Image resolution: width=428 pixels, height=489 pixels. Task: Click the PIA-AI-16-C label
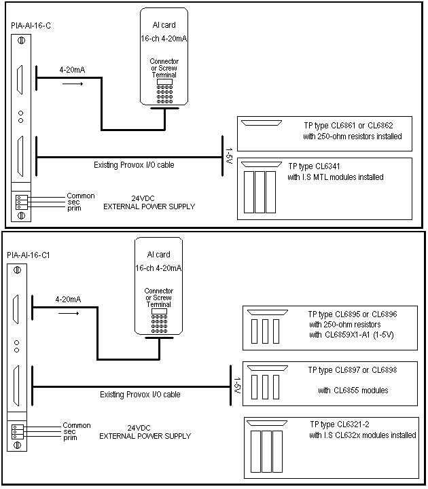pyautogui.click(x=31, y=26)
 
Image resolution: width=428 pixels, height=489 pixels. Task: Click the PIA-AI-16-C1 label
pyautogui.click(x=29, y=255)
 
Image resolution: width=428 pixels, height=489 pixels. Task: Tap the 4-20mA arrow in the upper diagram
pyautogui.click(x=73, y=84)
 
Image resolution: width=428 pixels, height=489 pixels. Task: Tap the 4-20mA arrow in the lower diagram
pyautogui.click(x=69, y=313)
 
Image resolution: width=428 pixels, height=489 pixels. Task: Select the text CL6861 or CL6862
pyautogui.click(x=362, y=126)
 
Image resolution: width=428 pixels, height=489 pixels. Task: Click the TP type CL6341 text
pyautogui.click(x=314, y=166)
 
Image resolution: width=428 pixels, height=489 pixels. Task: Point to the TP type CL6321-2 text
pyautogui.click(x=340, y=424)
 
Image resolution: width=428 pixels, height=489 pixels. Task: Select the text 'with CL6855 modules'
pyautogui.click(x=353, y=391)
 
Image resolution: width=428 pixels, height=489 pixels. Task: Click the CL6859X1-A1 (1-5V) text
pyautogui.click(x=359, y=335)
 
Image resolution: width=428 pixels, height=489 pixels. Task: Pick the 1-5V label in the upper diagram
pyautogui.click(x=229, y=156)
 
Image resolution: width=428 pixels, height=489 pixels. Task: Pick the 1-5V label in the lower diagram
pyautogui.click(x=237, y=386)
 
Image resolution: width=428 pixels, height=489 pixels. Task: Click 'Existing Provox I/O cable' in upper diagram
pyautogui.click(x=134, y=164)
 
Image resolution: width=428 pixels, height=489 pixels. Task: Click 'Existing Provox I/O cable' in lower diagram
pyautogui.click(x=140, y=395)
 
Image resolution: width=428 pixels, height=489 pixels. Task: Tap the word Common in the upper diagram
pyautogui.click(x=81, y=196)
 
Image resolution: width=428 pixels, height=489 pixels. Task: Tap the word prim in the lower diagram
pyautogui.click(x=70, y=438)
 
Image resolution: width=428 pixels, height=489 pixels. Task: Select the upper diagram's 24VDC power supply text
pyautogui.click(x=149, y=202)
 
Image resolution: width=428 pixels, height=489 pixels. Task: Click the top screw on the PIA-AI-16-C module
pyautogui.click(x=21, y=41)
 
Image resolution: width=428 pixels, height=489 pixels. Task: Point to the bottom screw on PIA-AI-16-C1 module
pyautogui.click(x=17, y=445)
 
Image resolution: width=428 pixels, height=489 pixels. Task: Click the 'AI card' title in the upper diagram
pyautogui.click(x=164, y=25)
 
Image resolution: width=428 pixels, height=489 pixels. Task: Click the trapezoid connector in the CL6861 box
pyautogui.click(x=262, y=123)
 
